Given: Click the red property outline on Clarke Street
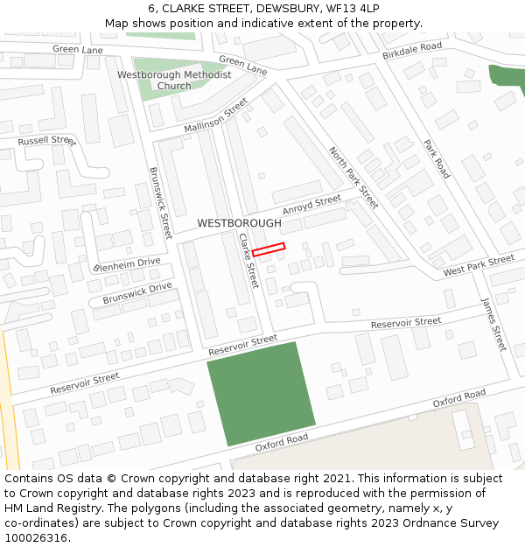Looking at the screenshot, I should (269, 249).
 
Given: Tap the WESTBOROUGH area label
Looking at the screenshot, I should (239, 223).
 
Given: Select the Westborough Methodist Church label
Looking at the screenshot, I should (174, 80).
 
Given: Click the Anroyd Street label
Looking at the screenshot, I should (311, 206).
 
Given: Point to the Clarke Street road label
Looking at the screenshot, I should (249, 260).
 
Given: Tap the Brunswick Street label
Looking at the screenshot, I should (161, 203).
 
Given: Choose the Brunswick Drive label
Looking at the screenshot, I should (137, 293).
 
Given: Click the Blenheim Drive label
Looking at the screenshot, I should (128, 263).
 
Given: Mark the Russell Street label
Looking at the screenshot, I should (47, 140).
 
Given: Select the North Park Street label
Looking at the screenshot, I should (353, 178).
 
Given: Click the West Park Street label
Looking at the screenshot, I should (479, 265).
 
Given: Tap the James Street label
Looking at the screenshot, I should (493, 324).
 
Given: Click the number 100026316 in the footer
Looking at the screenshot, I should (38, 537).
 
